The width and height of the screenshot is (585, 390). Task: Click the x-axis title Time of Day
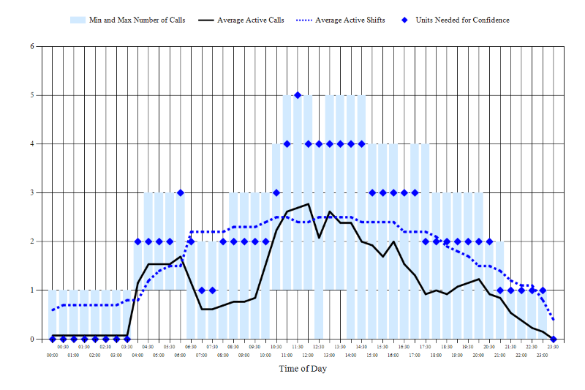pos(303,369)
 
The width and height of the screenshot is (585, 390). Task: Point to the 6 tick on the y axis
pos(31,46)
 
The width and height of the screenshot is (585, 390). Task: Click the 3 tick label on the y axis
pos(31,192)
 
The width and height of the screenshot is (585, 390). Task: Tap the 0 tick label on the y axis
pos(31,339)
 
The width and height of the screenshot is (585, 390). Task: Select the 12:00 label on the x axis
pos(308,355)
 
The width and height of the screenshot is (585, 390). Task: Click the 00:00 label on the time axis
pos(53,355)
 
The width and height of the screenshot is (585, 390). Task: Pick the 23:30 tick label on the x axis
pos(553,347)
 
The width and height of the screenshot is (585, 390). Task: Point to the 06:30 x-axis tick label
pos(191,347)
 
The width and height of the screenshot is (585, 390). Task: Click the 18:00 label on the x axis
pos(436,355)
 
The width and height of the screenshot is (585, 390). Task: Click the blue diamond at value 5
pos(298,95)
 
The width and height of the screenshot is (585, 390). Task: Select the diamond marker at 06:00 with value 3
pos(181,192)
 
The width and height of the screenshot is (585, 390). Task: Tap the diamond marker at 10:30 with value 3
pos(276,192)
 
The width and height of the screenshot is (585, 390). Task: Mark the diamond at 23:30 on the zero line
pos(554,339)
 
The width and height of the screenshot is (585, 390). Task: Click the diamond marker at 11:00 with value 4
pos(287,144)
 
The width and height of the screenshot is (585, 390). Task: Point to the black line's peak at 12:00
pos(308,204)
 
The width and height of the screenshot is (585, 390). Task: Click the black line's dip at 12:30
pos(319,238)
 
